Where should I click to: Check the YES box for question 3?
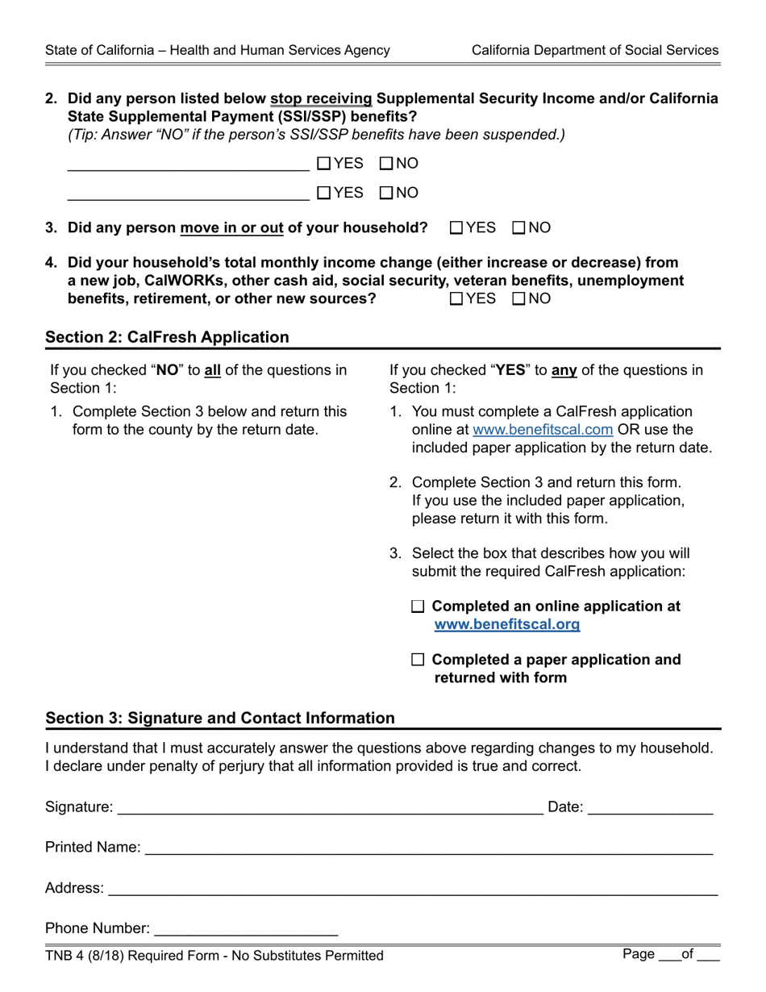pos(456,227)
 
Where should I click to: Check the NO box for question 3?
pos(519,227)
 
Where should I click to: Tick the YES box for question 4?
pos(456,298)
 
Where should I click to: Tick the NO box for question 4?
pos(519,298)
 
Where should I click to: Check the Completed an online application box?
pos(418,606)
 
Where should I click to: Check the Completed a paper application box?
pos(418,660)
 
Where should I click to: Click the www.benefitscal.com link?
pos(543,430)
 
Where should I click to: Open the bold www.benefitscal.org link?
pos(506,624)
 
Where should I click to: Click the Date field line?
pos(650,807)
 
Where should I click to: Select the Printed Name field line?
pos(427,848)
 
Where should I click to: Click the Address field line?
pos(411,888)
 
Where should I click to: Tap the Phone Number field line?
pos(245,929)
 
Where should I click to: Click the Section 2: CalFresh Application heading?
pos(167,337)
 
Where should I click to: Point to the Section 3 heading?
pos(220,718)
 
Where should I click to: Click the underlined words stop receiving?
pos(321,98)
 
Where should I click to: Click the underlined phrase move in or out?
pos(231,227)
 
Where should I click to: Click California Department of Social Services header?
pos(594,50)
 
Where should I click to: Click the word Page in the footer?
pos(638,955)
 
